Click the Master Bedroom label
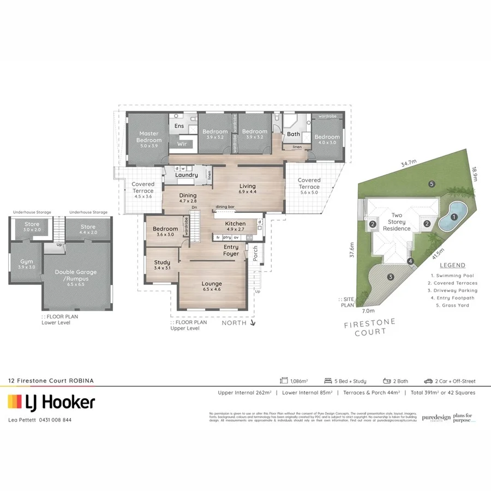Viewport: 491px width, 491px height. tap(148, 137)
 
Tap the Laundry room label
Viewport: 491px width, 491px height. tap(187, 175)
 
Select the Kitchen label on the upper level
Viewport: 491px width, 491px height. tap(236, 224)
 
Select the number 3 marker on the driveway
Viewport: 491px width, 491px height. tap(391, 277)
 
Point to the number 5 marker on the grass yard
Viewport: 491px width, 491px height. tap(432, 184)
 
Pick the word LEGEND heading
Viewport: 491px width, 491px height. tap(452, 265)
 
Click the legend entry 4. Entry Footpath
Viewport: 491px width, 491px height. tap(452, 298)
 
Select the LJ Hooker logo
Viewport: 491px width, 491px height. tap(51, 403)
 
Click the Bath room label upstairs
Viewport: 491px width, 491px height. tap(294, 134)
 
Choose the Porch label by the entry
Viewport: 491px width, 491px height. tap(255, 252)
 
